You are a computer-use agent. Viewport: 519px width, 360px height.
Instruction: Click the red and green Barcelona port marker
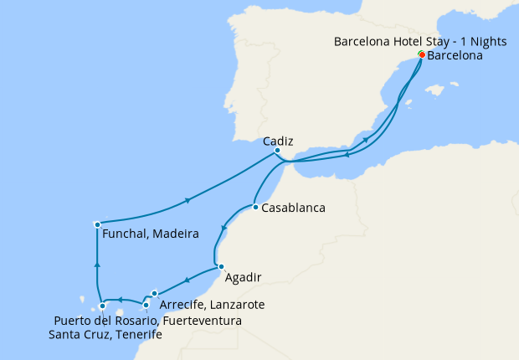tap(421, 55)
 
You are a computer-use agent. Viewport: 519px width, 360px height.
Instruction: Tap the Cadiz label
tap(277, 141)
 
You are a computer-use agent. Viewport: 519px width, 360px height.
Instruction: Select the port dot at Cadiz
tap(277, 151)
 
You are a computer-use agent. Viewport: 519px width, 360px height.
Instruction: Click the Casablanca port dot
tap(254, 207)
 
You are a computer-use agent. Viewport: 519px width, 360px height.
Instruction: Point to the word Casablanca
tap(293, 208)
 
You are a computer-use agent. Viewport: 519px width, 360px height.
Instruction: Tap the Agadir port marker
tap(220, 267)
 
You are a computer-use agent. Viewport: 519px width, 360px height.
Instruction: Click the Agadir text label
tap(244, 277)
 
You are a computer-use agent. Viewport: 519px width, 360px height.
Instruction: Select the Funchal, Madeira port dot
tap(97, 224)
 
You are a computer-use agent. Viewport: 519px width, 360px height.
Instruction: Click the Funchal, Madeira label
tap(150, 234)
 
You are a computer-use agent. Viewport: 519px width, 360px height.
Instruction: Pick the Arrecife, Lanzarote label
tap(212, 306)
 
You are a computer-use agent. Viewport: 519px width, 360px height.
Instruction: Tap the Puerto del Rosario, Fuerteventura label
tap(148, 321)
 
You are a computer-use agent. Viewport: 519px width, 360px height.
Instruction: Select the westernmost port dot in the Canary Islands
tap(102, 306)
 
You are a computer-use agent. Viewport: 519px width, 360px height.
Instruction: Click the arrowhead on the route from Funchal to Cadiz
tap(188, 200)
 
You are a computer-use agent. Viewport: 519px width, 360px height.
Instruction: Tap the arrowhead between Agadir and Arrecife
tap(187, 280)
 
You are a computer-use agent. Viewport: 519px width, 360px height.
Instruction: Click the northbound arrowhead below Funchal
tap(97, 265)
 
